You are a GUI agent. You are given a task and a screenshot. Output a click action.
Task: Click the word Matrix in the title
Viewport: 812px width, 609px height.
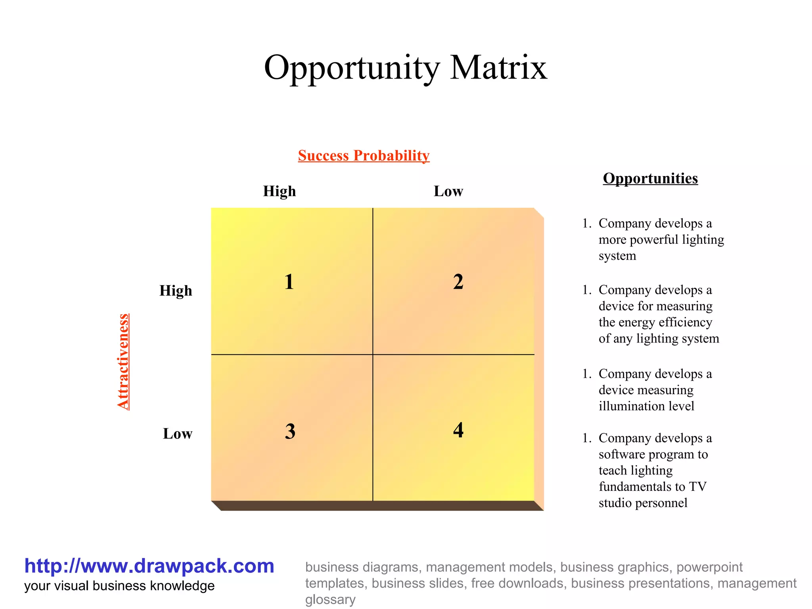498,67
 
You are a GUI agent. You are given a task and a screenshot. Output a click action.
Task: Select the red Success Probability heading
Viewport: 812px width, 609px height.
364,155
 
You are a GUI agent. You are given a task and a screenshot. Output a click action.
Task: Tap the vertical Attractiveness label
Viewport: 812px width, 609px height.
123,361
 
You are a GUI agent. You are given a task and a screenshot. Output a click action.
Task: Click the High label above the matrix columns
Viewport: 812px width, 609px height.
280,191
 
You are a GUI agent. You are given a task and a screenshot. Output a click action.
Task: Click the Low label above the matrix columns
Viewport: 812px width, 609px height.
448,191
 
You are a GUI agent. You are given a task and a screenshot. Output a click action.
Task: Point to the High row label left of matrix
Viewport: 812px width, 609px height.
176,291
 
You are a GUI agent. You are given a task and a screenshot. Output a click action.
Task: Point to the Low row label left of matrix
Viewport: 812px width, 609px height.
177,434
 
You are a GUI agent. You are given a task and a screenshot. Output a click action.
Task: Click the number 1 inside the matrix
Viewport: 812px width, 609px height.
289,282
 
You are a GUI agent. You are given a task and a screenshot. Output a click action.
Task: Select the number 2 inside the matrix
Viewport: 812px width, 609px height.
458,282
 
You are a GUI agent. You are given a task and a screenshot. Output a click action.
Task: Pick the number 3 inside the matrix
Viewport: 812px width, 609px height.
290,431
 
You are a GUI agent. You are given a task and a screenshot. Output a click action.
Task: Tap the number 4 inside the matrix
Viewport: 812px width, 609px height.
458,430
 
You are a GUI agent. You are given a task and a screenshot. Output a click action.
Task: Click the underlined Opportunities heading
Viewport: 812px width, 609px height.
650,178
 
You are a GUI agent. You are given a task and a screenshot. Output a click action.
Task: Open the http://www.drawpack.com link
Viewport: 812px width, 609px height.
149,566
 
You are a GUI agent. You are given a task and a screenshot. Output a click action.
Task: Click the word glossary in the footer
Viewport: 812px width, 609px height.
330,599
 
